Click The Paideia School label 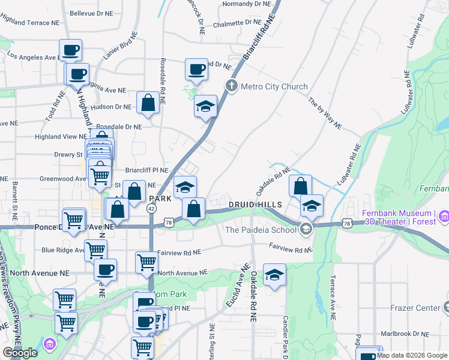click(261, 229)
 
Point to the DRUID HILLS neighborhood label click(255, 205)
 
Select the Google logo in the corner click(20, 353)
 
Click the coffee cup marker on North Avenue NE click(106, 269)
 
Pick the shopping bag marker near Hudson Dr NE click(148, 103)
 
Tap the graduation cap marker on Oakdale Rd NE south click(274, 275)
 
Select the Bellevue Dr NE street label click(90, 13)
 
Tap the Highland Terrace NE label click(30, 22)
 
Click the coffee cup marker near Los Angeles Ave click(70, 50)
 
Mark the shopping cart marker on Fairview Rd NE click(146, 262)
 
